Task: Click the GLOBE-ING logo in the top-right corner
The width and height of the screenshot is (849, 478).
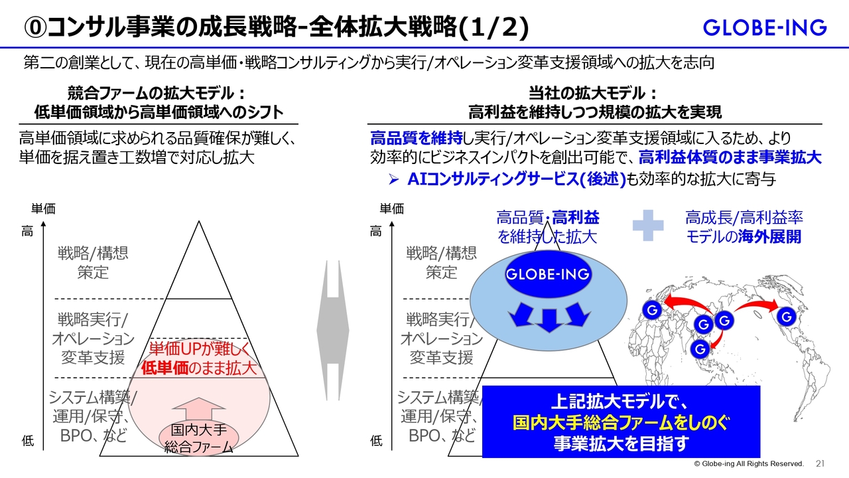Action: coord(765,27)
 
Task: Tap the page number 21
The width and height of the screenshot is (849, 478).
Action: coord(820,463)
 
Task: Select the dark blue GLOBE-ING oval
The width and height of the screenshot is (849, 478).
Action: coord(548,274)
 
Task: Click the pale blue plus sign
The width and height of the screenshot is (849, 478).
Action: coord(648,225)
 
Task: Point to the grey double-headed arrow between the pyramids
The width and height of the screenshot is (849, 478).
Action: coord(333,330)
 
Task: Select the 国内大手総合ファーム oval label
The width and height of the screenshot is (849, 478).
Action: coord(198,439)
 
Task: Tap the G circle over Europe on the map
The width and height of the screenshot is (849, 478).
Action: coord(652,310)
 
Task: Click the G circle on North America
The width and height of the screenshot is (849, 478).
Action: coord(787,317)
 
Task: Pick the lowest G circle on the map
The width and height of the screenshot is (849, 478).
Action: coord(700,349)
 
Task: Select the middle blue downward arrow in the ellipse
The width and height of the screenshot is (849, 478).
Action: coord(549,321)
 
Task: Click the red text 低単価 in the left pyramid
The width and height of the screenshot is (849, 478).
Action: coord(164,368)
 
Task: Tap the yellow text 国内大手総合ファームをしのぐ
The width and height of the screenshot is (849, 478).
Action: coord(620,423)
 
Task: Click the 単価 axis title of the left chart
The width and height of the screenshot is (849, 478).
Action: coord(43,208)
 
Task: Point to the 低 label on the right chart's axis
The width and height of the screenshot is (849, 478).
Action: coord(376,441)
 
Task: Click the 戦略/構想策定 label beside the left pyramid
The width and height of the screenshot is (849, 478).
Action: coord(93,262)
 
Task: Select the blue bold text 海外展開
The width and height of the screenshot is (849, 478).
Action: coord(769,237)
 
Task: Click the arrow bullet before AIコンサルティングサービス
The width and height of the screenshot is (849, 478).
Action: coord(394,179)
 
